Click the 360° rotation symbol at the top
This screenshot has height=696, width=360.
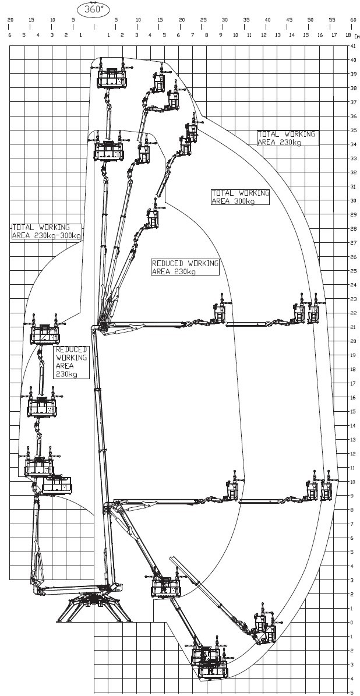[x=94, y=10]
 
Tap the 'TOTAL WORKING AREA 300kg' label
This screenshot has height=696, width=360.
[x=240, y=197]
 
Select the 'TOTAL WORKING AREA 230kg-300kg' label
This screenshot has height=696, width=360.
[x=46, y=231]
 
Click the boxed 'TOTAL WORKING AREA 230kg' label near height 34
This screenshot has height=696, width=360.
[x=288, y=137]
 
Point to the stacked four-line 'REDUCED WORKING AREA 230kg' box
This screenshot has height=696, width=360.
[x=71, y=362]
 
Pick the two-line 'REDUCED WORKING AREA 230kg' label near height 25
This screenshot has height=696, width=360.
[x=185, y=267]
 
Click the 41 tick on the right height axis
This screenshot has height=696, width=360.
[x=353, y=46]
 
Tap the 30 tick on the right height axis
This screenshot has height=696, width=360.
[x=353, y=200]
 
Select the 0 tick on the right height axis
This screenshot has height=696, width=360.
[x=353, y=622]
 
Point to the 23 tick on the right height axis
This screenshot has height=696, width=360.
[x=353, y=299]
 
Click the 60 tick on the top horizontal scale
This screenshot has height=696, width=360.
[x=353, y=20]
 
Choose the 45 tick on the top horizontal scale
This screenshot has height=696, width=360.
[x=289, y=20]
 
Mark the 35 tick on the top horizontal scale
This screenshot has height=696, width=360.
[x=246, y=20]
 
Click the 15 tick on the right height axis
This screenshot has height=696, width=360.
[x=353, y=411]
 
